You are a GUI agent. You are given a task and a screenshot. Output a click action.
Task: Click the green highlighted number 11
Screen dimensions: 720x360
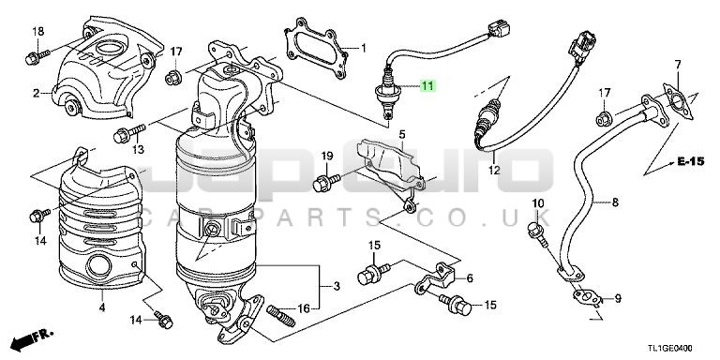[427, 85]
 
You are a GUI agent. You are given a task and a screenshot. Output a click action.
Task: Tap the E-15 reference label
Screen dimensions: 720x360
[690, 161]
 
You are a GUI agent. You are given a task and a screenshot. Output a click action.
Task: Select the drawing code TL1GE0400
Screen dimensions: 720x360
[670, 349]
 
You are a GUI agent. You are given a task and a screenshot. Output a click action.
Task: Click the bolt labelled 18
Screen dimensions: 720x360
[37, 57]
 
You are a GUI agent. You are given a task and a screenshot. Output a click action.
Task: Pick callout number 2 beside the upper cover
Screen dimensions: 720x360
[37, 94]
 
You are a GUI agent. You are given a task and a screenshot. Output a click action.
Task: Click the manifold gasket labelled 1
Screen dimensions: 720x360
[316, 47]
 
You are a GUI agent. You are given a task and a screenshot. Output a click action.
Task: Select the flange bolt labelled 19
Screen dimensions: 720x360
[326, 181]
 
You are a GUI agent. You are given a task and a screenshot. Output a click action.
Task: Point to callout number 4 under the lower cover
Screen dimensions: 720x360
[102, 307]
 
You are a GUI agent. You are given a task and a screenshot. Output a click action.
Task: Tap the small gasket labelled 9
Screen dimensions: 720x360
[587, 297]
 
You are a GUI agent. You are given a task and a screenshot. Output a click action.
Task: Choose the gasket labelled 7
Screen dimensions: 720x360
[678, 101]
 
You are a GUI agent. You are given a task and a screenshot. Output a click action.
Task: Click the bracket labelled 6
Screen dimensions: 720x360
[435, 278]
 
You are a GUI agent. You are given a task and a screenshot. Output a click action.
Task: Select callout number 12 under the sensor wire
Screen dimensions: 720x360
[494, 170]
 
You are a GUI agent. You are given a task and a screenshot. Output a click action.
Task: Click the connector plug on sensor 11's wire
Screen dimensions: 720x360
[499, 29]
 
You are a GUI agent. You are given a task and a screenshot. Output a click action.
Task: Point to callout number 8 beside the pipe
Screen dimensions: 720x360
[615, 202]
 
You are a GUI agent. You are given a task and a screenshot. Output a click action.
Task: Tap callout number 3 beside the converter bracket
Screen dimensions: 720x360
[337, 286]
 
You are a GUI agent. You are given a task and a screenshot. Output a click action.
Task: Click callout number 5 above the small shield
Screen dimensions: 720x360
[402, 135]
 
